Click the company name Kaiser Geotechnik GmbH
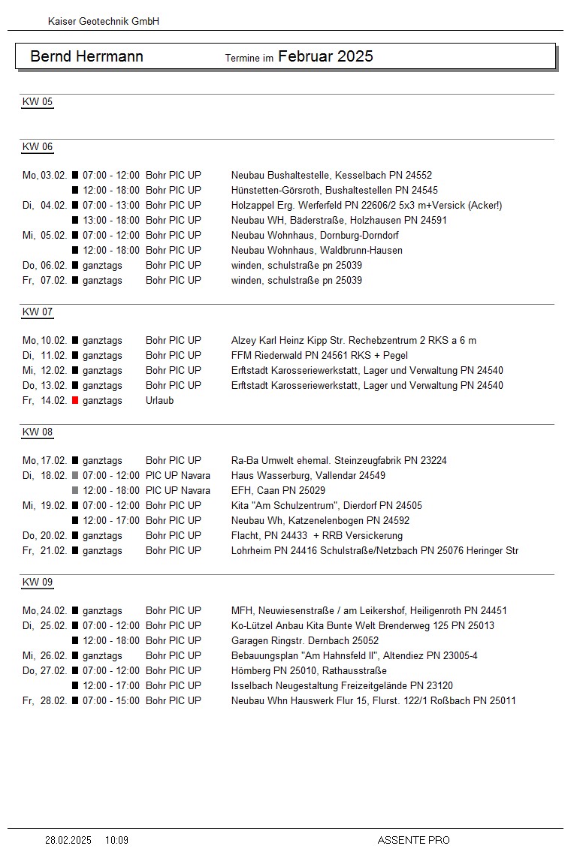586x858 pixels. [104, 22]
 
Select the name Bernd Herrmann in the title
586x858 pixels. [86, 57]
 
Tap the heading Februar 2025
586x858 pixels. [325, 56]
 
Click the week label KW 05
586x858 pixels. [38, 102]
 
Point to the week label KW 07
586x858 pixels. [38, 312]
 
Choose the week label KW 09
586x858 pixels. [38, 583]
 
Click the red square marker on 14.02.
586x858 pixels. [75, 401]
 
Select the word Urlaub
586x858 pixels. [159, 401]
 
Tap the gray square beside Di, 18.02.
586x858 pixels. [75, 476]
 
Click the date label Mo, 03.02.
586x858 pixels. [44, 176]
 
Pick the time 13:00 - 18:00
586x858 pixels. [111, 221]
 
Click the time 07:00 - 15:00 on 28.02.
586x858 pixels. [111, 701]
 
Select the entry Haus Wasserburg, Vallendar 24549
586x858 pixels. [308, 476]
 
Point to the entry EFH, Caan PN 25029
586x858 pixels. [278, 491]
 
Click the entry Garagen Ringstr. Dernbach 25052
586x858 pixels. [305, 641]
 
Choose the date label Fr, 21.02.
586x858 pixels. [44, 551]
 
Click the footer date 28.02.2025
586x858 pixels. [68, 840]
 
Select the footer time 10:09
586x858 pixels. [116, 840]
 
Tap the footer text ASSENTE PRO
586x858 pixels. [413, 840]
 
